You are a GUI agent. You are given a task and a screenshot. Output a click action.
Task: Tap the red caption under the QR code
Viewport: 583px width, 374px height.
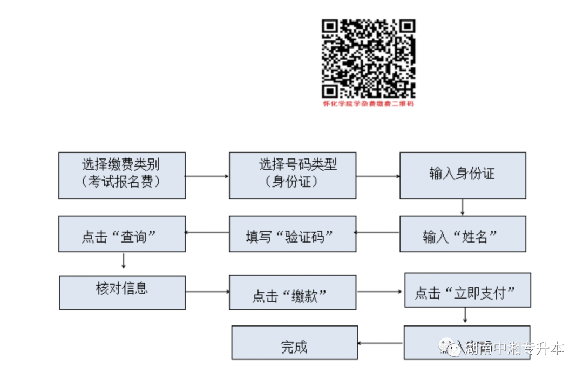coord(369,103)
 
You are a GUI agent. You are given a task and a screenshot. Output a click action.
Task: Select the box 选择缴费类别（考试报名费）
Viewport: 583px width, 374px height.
coord(121,175)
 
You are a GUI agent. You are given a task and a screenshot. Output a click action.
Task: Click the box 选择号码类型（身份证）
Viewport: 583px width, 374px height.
coord(292,175)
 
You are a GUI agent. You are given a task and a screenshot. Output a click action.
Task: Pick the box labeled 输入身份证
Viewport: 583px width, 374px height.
coord(463,175)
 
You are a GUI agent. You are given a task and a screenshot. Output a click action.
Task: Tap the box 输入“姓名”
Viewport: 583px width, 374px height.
coord(463,234)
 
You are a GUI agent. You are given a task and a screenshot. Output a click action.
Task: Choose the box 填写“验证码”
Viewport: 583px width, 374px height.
coord(292,234)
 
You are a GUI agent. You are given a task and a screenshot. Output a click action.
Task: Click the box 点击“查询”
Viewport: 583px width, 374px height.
coord(121,234)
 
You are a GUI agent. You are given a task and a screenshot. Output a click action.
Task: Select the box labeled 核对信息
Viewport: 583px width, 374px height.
coord(121,293)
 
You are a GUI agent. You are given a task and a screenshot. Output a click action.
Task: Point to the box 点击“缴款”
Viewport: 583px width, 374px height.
coord(292,293)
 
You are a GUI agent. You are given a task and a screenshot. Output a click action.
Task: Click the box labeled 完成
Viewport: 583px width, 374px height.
coord(294,343)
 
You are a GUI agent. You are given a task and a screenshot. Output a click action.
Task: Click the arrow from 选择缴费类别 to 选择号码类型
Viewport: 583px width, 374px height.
coord(207,176)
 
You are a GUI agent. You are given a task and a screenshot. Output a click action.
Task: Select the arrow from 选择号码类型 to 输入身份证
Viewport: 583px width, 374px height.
coord(377,176)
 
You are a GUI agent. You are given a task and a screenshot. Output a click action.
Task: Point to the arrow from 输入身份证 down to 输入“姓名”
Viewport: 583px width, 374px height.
coord(463,207)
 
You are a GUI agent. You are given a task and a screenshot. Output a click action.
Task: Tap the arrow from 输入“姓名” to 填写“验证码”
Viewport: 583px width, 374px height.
coord(377,233)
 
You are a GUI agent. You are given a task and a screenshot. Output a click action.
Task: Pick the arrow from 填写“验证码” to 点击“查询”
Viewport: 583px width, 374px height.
coord(207,233)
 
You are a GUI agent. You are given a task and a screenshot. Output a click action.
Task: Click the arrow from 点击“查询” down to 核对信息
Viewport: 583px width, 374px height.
coord(124,261)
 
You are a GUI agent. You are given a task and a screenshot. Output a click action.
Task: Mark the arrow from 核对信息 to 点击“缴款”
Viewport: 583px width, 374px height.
coord(207,292)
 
